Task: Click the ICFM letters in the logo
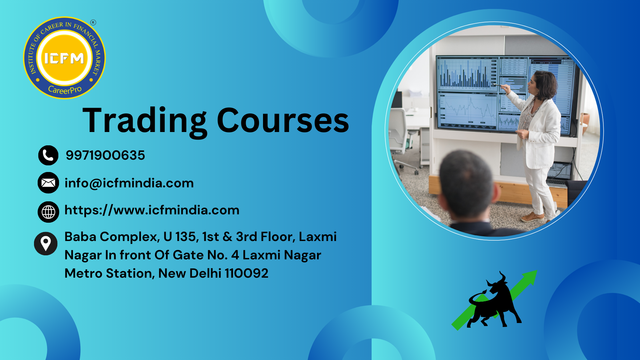coord(64,59)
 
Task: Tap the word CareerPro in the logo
coord(65,90)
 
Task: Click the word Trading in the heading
coord(145,121)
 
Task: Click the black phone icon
coord(48,155)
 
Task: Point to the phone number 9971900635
coord(105,155)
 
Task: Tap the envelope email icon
coord(48,183)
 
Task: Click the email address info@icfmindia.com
coord(129,183)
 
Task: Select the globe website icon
coord(48,212)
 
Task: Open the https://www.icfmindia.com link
coord(152,210)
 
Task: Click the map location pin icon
coord(46,244)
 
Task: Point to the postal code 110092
coord(246,273)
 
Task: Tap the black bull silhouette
coord(494,302)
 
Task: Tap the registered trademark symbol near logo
coord(93,23)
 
